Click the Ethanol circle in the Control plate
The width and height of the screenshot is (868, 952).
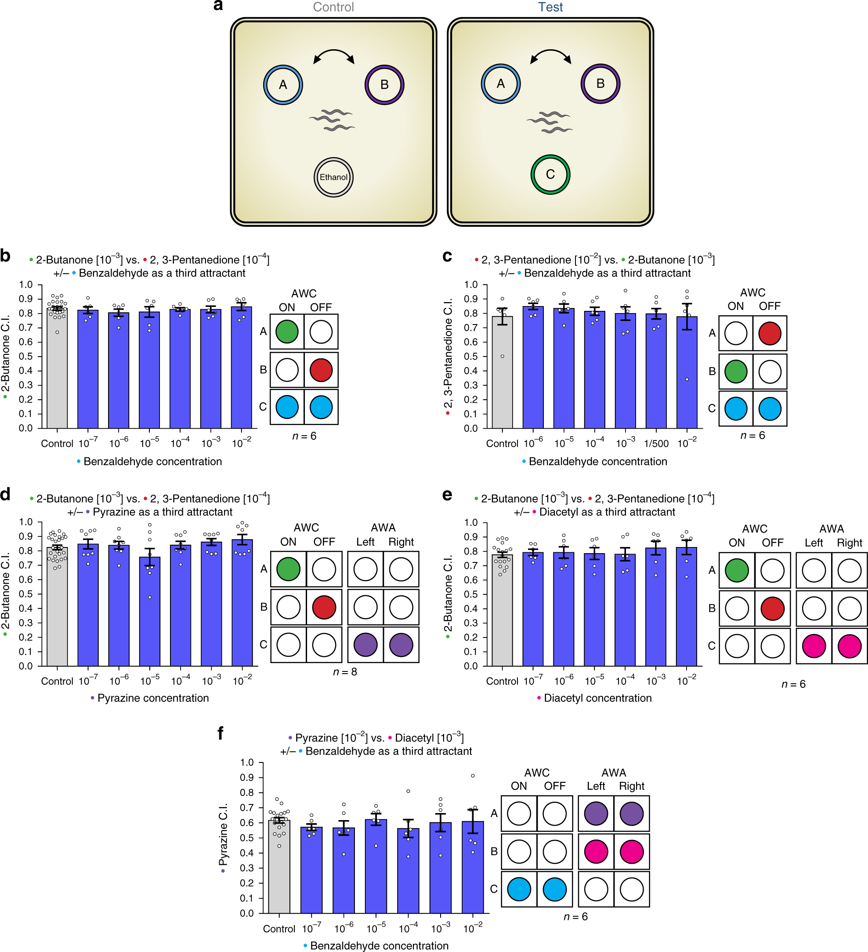tap(333, 177)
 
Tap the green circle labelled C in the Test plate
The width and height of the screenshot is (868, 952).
tap(550, 174)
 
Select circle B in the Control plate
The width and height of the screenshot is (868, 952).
tap(384, 84)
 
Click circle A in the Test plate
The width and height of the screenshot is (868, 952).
tap(500, 84)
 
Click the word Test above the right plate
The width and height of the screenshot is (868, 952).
tap(550, 7)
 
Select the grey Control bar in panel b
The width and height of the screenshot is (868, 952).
tap(57, 368)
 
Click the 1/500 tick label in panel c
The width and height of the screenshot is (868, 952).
tap(656, 443)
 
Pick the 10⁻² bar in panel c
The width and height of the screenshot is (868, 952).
tap(687, 373)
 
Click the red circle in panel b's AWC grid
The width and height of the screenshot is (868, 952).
tap(321, 370)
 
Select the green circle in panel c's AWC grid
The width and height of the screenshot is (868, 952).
tap(735, 371)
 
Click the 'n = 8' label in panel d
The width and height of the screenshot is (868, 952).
tap(345, 671)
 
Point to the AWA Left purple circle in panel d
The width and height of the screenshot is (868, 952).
tap(365, 645)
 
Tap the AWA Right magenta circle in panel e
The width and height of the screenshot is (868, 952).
tap(849, 646)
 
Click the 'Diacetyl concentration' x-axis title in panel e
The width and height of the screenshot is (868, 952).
tap(597, 698)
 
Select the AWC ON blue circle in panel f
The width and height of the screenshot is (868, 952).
tap(519, 889)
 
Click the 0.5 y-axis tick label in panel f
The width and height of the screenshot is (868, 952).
tap(247, 838)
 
